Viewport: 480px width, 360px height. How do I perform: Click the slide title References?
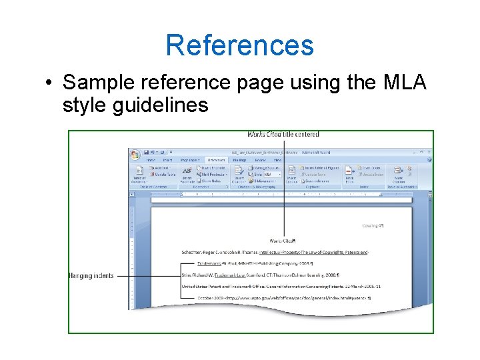239,45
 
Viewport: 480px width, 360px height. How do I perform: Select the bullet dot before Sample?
49,83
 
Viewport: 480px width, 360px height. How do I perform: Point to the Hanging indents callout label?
91,275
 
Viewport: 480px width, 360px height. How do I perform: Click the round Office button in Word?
136,153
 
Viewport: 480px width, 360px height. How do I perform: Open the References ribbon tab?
215,160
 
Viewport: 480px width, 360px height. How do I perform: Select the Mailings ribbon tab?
239,160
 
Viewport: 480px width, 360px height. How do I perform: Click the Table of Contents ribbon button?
139,175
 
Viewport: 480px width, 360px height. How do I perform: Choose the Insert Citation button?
239,175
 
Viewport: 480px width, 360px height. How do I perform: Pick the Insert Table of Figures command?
320,167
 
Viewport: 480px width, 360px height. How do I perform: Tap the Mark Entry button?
349,175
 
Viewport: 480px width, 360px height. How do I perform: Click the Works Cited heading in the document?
283,240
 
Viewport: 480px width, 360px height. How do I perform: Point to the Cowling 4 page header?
373,225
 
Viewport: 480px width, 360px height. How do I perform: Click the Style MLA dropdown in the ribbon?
265,174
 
